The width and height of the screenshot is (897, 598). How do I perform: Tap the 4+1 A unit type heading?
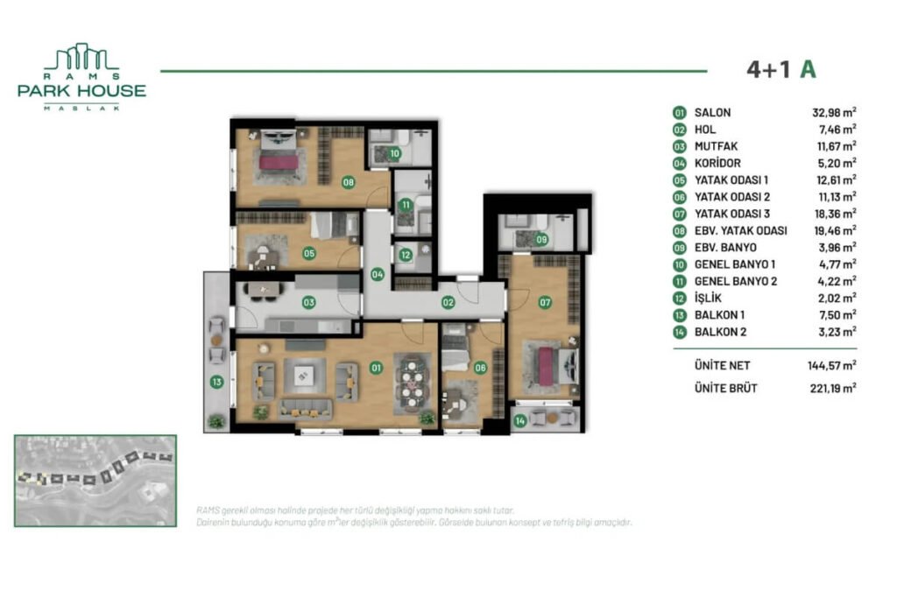780,70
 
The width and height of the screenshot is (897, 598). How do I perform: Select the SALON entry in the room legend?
712,113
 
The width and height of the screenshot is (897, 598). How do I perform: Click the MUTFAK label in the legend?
717,146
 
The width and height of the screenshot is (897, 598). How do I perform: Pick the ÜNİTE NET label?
722,366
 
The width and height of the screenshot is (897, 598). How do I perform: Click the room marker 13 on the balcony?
215,382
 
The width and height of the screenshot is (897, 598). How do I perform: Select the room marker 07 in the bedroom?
545,303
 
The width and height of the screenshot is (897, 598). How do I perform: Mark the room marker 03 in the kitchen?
308,303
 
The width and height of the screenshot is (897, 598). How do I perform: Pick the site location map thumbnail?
95,481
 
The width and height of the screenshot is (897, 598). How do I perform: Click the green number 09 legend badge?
679,248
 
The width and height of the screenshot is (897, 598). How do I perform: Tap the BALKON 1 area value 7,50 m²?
833,315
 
